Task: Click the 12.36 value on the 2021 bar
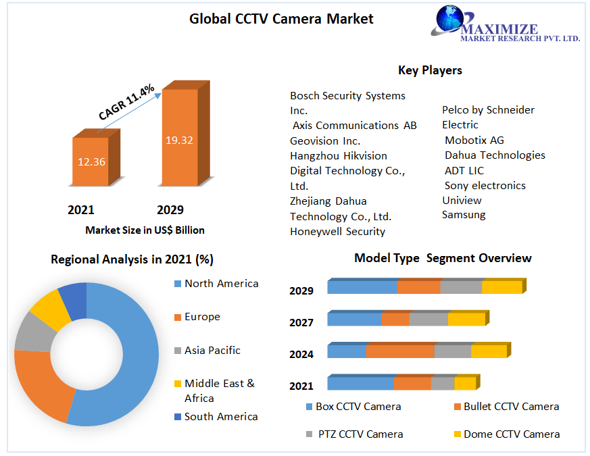tap(91, 161)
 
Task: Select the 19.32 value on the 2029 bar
tap(179, 141)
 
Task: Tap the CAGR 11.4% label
tap(126, 102)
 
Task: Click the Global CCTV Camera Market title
tap(281, 19)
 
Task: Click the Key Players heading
tap(430, 70)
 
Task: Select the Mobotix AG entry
tap(474, 140)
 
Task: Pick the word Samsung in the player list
tap(464, 215)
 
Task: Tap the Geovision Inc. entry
tap(325, 141)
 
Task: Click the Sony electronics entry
tap(485, 185)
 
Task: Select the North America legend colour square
tap(178, 284)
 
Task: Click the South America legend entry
tap(221, 417)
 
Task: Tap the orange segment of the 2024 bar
tap(400, 351)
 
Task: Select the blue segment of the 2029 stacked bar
tap(362, 286)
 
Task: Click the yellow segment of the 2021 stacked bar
tap(465, 384)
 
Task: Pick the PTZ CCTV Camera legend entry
tap(360, 434)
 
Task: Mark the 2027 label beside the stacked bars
tap(301, 322)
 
